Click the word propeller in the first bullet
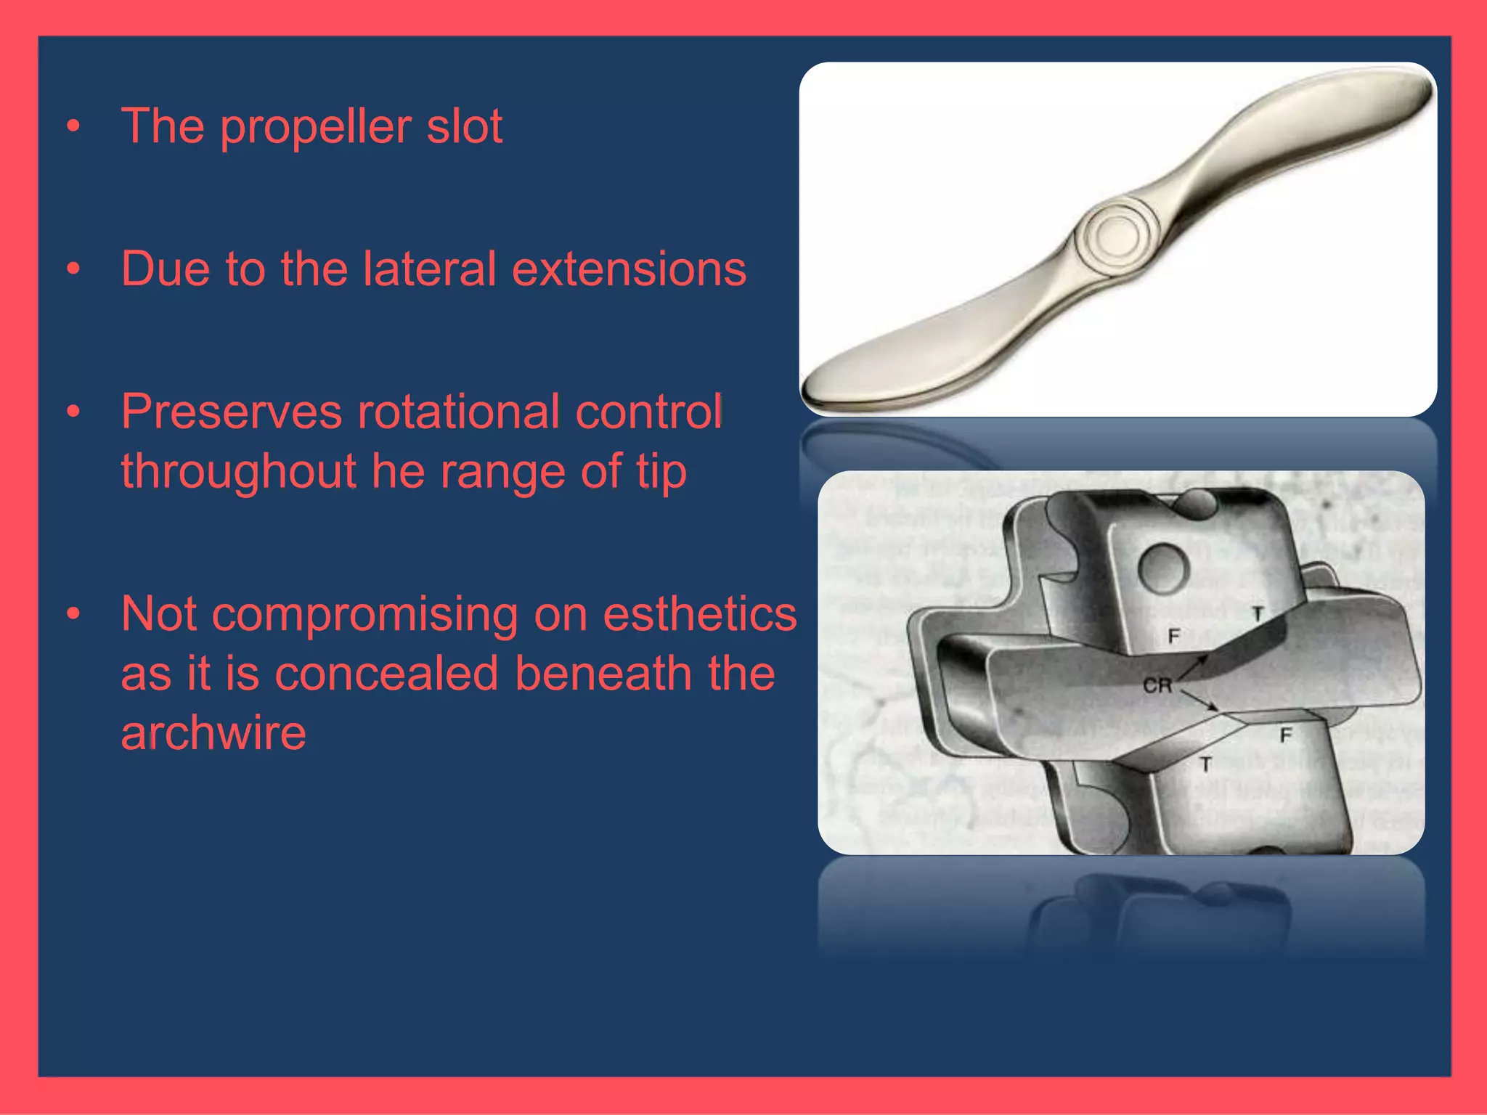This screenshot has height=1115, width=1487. pos(317,128)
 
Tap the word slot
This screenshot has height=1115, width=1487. pos(465,126)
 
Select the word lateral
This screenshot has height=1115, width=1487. pos(429,269)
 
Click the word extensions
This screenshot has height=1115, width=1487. pos(629,269)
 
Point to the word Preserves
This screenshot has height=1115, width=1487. pos(231,412)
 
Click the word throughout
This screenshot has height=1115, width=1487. pos(238,472)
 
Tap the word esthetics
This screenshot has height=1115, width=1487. pos(700,614)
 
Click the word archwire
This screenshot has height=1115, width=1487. pos(213,732)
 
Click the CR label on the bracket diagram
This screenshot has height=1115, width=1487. pos(1157,685)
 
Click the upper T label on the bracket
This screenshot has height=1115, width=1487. pos(1258,614)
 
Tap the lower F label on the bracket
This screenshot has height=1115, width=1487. pos(1286,735)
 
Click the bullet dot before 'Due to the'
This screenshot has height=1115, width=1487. pos(73,269)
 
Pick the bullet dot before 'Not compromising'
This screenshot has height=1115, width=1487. pos(73,615)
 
